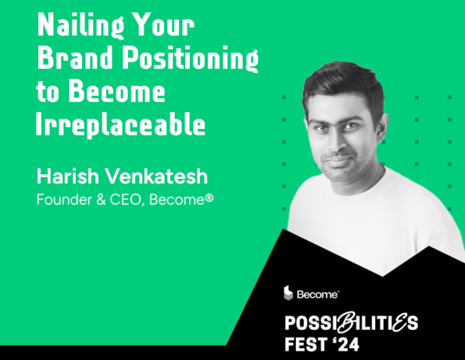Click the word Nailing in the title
click(x=81, y=26)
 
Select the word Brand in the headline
click(x=75, y=57)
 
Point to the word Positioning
click(x=191, y=59)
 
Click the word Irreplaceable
click(x=120, y=124)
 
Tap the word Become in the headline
click(x=116, y=91)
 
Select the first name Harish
click(x=68, y=176)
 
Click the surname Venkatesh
click(x=157, y=176)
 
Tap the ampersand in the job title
click(x=101, y=200)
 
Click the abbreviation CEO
click(x=127, y=200)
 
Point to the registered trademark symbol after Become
click(x=209, y=198)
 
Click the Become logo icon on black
click(x=288, y=293)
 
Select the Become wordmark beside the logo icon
click(x=318, y=294)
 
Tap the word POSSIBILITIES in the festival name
click(x=351, y=322)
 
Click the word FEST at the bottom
click(x=305, y=344)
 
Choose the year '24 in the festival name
click(x=346, y=344)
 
